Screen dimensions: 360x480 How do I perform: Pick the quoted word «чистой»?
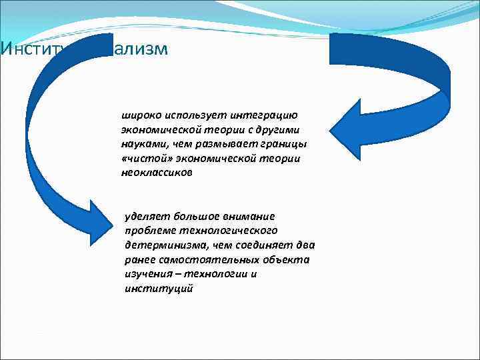coord(141,158)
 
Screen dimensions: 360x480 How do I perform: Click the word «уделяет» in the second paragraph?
coord(147,216)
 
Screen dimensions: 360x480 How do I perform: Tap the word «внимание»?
coord(250,216)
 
